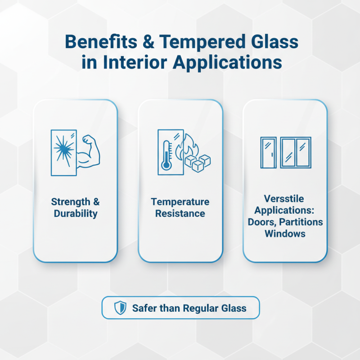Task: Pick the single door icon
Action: pos(269,153)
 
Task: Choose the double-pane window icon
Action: pos(295,153)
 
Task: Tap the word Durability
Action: pos(76,213)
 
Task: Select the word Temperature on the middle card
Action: pos(180,202)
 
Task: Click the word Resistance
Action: pos(180,213)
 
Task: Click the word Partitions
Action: pos(304,222)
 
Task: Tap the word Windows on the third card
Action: pos(285,234)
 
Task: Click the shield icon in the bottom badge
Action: pos(120,308)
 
